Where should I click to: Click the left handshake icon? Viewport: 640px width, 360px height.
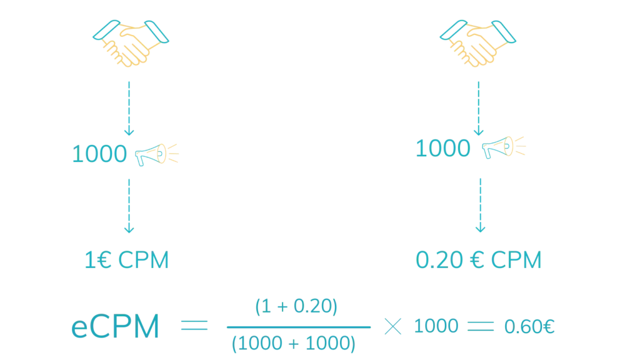pyautogui.click(x=130, y=42)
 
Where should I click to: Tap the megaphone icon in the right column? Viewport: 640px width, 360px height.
pyautogui.click(x=504, y=147)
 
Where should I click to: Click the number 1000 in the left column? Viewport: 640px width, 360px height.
pyautogui.click(x=100, y=154)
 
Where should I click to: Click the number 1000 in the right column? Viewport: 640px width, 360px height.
pyautogui.click(x=443, y=149)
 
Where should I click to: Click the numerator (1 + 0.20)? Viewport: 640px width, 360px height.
pyautogui.click(x=297, y=306)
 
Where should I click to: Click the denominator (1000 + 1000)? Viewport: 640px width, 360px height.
pyautogui.click(x=292, y=343)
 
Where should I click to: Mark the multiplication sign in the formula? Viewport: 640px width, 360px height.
pyautogui.click(x=392, y=327)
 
